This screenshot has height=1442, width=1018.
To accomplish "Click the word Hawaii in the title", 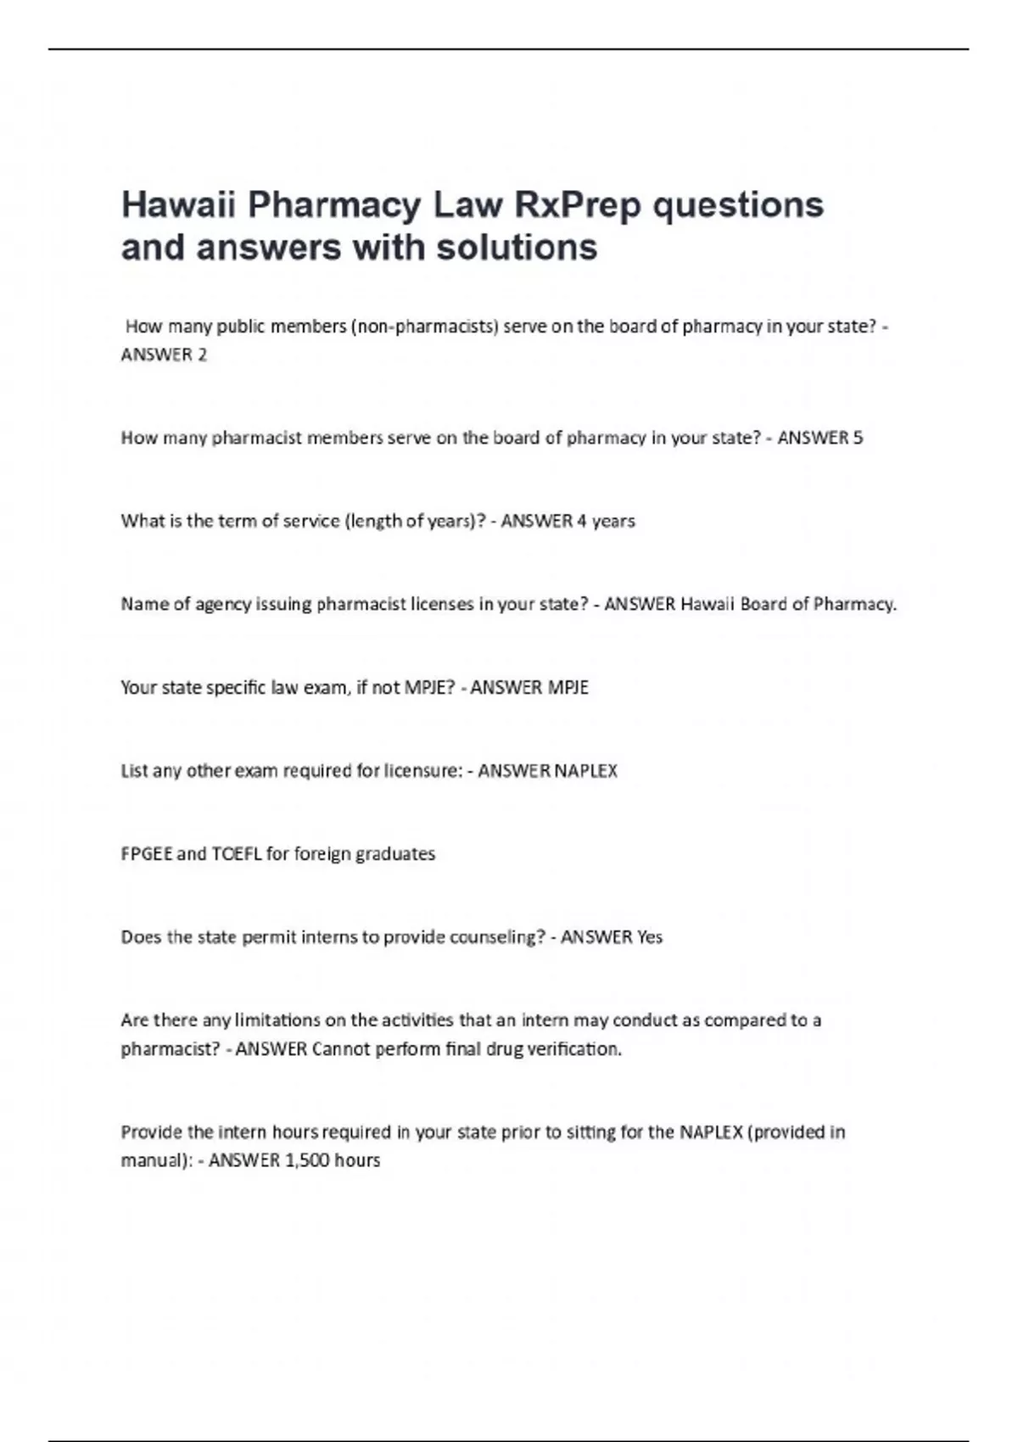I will pyautogui.click(x=177, y=205).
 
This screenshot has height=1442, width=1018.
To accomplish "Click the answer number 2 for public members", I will pyautogui.click(x=201, y=355).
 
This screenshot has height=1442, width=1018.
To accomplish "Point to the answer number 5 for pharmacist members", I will pyautogui.click(x=858, y=438).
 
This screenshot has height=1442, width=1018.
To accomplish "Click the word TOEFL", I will pyautogui.click(x=236, y=853).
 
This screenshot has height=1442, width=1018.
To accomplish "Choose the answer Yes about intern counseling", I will pyautogui.click(x=649, y=936).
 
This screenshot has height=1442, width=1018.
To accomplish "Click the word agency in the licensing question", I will pyautogui.click(x=223, y=604).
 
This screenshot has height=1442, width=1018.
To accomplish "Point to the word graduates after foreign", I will pyautogui.click(x=395, y=853).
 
